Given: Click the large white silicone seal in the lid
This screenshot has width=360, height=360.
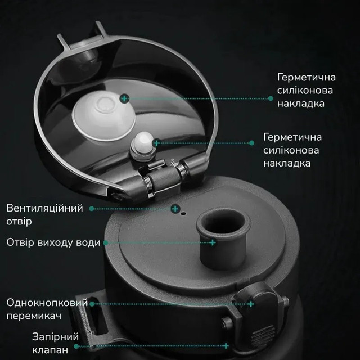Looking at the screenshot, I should coord(98,113).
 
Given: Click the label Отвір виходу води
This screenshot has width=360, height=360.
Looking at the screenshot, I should coord(53,242).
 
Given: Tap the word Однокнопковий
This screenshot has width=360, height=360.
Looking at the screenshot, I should coord(47,303).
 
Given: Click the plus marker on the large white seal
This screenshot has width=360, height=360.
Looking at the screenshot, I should coord(124,98).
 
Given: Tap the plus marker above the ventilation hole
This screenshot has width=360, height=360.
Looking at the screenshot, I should coord(174,208).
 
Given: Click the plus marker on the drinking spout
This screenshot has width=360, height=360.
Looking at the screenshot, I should coord(213,242).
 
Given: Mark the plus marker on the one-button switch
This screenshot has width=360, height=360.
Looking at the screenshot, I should coord(251,304).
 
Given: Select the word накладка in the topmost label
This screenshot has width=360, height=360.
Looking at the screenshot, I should coord(304,104).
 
